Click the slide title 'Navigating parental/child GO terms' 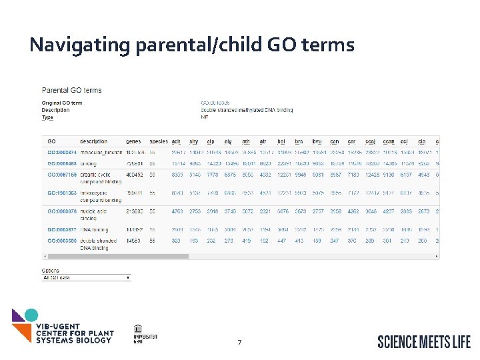(192, 45)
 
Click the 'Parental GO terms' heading (72, 90)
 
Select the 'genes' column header (133, 141)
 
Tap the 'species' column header (159, 141)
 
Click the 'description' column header (93, 141)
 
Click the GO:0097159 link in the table (61, 175)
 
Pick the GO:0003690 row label (61, 241)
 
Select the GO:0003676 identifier (61, 211)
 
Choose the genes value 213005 (135, 211)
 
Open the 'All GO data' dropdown (86, 277)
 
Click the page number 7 (239, 343)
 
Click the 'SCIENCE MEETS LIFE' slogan (423, 341)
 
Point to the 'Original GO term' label (62, 103)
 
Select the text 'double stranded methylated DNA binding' (247, 110)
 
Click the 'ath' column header (247, 141)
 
